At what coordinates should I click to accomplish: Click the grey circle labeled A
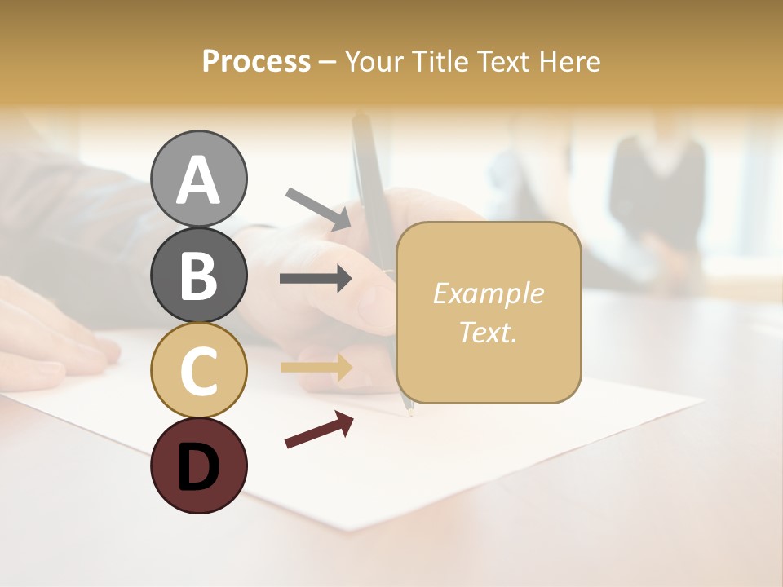tap(199, 179)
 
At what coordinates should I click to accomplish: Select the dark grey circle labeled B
tap(199, 275)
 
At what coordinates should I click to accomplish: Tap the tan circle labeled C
tap(199, 370)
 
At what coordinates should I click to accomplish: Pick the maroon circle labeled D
tap(199, 466)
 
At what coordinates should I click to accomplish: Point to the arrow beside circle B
tap(316, 279)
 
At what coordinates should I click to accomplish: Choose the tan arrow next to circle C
tap(316, 368)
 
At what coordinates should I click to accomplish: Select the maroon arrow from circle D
tap(319, 430)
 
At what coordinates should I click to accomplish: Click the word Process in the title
tap(256, 61)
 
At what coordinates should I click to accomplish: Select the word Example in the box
tap(488, 293)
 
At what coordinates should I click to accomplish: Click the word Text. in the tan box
tap(488, 332)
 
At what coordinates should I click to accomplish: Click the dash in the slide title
tap(327, 62)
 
